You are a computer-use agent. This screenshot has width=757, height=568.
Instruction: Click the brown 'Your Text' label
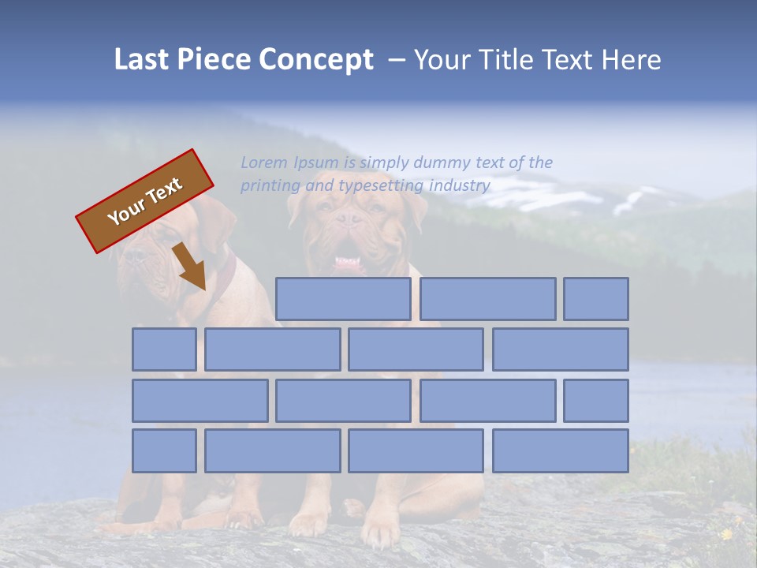(x=144, y=201)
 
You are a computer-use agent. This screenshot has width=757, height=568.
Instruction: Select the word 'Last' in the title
(x=143, y=60)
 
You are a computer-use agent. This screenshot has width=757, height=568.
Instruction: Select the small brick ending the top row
(x=596, y=299)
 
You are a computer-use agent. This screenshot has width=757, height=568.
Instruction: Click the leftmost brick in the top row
(x=343, y=299)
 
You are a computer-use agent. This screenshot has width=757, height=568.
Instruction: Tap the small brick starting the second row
(x=164, y=349)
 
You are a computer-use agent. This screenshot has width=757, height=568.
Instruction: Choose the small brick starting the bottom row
(x=164, y=451)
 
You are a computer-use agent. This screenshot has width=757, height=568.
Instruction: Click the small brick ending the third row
(x=596, y=401)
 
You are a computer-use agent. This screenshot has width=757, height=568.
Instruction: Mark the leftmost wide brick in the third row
(x=200, y=401)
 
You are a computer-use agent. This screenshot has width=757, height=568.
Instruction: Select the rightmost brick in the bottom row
(x=561, y=451)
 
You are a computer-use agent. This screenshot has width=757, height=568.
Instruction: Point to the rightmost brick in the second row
(x=561, y=349)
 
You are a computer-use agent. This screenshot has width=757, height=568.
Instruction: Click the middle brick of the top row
(x=487, y=299)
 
